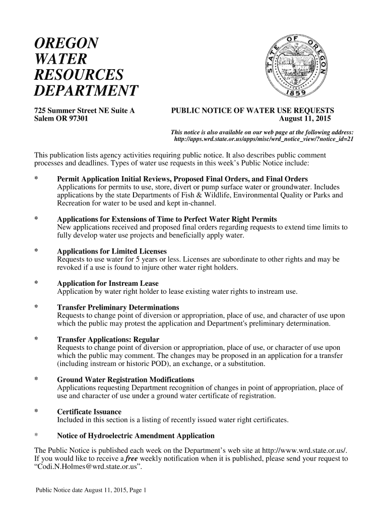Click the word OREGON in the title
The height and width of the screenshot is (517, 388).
[x=66, y=43]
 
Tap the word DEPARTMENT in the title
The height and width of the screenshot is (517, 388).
[x=86, y=91]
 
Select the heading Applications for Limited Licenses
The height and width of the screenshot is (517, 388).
[x=111, y=251]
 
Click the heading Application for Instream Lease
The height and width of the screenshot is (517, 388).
[x=107, y=284]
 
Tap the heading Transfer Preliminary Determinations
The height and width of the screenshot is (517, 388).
[x=118, y=307]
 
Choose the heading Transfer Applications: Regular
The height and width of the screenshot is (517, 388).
[x=108, y=339]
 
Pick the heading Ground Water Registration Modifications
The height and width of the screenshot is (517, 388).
[x=125, y=380]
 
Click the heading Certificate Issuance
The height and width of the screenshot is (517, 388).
[x=89, y=412]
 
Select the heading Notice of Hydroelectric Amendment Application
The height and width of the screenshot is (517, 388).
[x=136, y=436]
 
